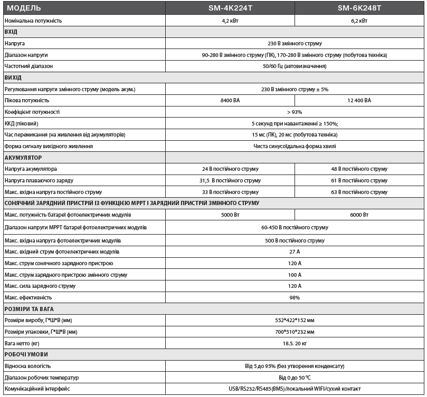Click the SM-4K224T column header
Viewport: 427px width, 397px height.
tap(230, 9)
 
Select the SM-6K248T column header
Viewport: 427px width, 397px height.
tap(359, 9)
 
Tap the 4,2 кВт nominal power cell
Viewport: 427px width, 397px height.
tap(230, 21)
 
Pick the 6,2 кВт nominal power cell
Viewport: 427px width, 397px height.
tap(359, 21)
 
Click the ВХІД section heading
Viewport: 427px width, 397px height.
tap(11, 32)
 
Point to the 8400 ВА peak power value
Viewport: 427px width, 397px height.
tap(230, 100)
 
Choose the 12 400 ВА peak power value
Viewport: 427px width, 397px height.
tap(359, 100)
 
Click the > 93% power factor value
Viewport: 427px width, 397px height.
tap(295, 112)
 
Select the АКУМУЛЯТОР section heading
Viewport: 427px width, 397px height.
tap(23, 158)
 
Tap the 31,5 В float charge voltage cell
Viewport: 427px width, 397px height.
tap(230, 180)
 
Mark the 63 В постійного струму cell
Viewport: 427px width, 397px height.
tap(359, 192)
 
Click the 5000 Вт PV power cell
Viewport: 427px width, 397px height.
tap(230, 215)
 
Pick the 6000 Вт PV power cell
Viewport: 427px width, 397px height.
tap(359, 215)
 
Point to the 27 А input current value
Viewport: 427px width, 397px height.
tap(295, 251)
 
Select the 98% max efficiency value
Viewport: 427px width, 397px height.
tap(295, 297)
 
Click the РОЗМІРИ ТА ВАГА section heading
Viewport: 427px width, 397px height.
tap(29, 309)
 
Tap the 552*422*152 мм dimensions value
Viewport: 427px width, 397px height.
tap(295, 320)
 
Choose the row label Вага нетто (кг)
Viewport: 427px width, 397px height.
tap(24, 343)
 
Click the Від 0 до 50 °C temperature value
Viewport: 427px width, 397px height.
tap(295, 377)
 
